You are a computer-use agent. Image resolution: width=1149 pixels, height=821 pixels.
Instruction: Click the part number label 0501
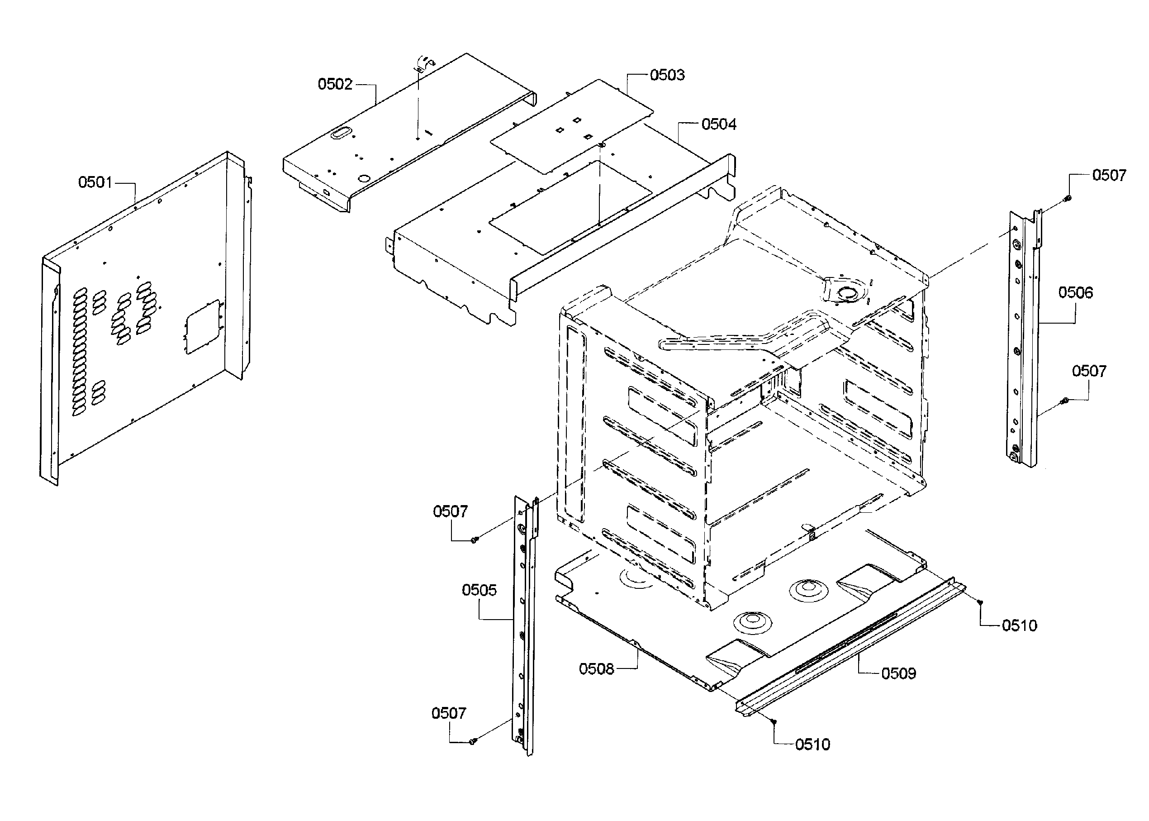point(95,182)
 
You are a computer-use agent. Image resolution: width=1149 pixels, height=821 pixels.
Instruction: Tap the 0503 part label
point(667,75)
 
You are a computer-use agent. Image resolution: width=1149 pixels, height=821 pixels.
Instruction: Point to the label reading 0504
point(718,124)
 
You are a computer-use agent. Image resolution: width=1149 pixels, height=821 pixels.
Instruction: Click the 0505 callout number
point(479,590)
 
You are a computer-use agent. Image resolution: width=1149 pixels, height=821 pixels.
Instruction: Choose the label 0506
point(1075,292)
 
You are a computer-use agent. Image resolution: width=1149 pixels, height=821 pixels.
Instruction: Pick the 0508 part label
point(596,669)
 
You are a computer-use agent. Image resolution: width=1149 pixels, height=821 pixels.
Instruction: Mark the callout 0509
point(898,673)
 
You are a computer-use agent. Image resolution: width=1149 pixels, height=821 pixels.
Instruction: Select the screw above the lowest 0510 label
point(774,721)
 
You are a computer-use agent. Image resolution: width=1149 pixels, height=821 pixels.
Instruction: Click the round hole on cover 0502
point(364,178)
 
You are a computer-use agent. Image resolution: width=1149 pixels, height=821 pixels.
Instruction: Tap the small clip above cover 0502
point(423,63)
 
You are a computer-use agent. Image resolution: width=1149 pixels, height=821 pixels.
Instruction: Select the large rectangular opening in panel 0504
point(570,207)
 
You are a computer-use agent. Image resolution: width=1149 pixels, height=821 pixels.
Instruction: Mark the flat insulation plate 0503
point(571,126)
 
